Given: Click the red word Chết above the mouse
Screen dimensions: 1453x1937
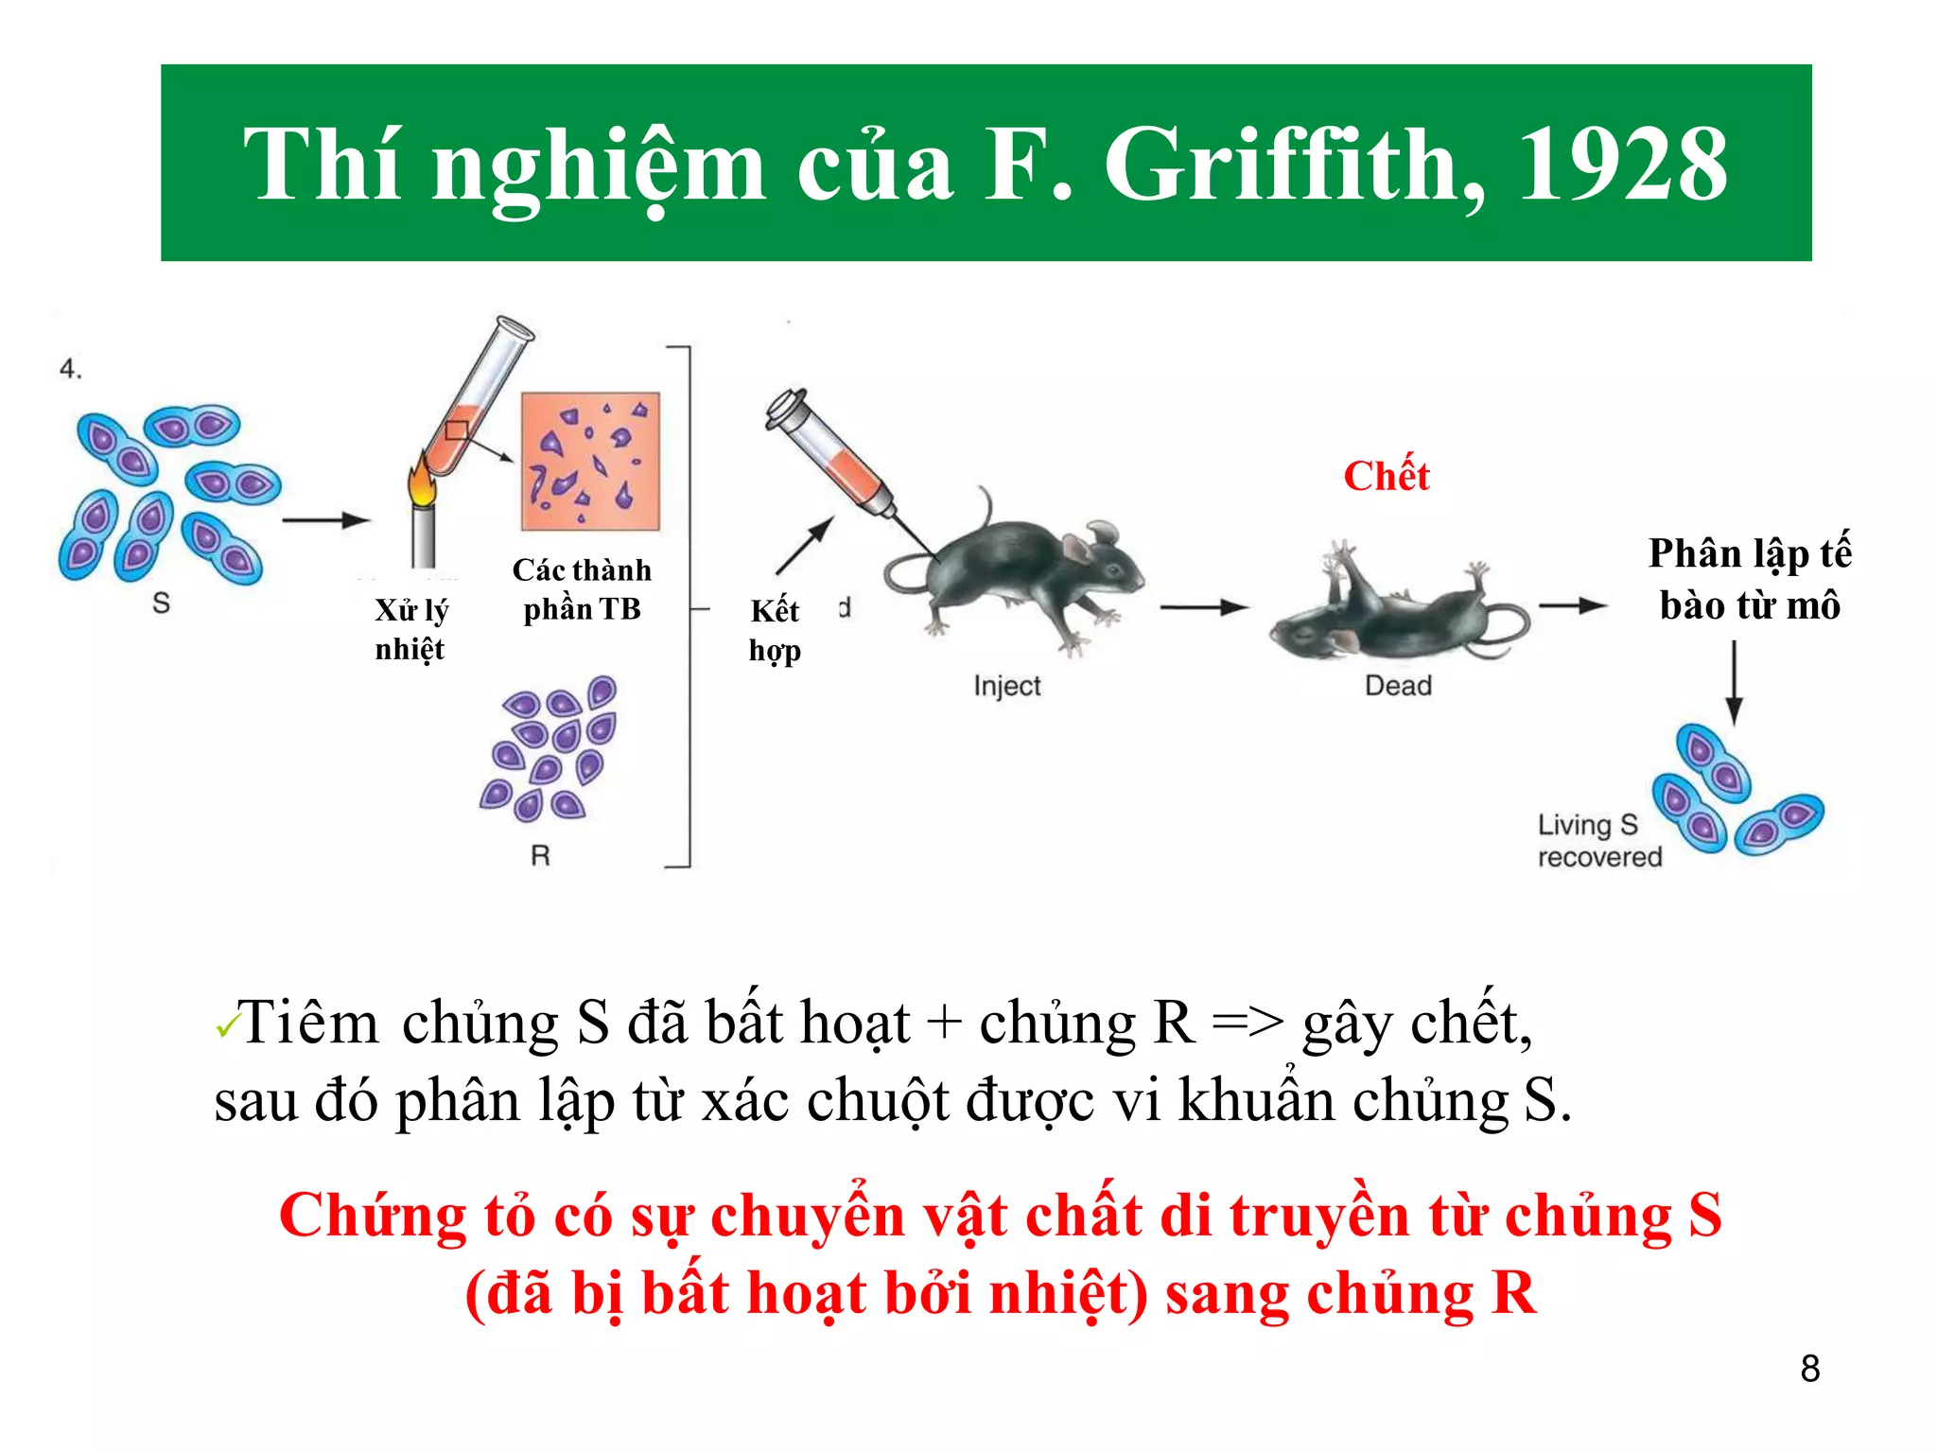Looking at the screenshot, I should click(1386, 476).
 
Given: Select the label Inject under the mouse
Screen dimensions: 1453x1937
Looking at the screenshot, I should click(1006, 686).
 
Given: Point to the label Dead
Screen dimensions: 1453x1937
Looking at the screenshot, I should click(1398, 685).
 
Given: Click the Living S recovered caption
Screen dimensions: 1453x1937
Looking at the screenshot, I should click(1598, 840).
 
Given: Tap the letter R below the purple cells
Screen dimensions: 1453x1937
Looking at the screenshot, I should click(540, 856).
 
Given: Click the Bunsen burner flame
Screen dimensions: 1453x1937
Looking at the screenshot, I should click(422, 485).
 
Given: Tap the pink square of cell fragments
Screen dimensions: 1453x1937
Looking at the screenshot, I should click(590, 462).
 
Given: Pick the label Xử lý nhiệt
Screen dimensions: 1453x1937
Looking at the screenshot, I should click(410, 629).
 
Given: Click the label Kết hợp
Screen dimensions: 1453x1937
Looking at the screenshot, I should click(775, 630).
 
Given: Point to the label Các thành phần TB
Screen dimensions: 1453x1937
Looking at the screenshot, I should click(582, 589).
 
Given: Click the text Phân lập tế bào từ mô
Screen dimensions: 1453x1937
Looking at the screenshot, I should click(1749, 579).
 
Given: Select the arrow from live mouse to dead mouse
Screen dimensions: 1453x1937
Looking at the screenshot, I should click(1204, 607).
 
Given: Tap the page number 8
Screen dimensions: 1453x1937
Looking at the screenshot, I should click(1809, 1369).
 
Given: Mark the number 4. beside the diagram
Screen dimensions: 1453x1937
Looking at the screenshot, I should click(71, 369).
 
